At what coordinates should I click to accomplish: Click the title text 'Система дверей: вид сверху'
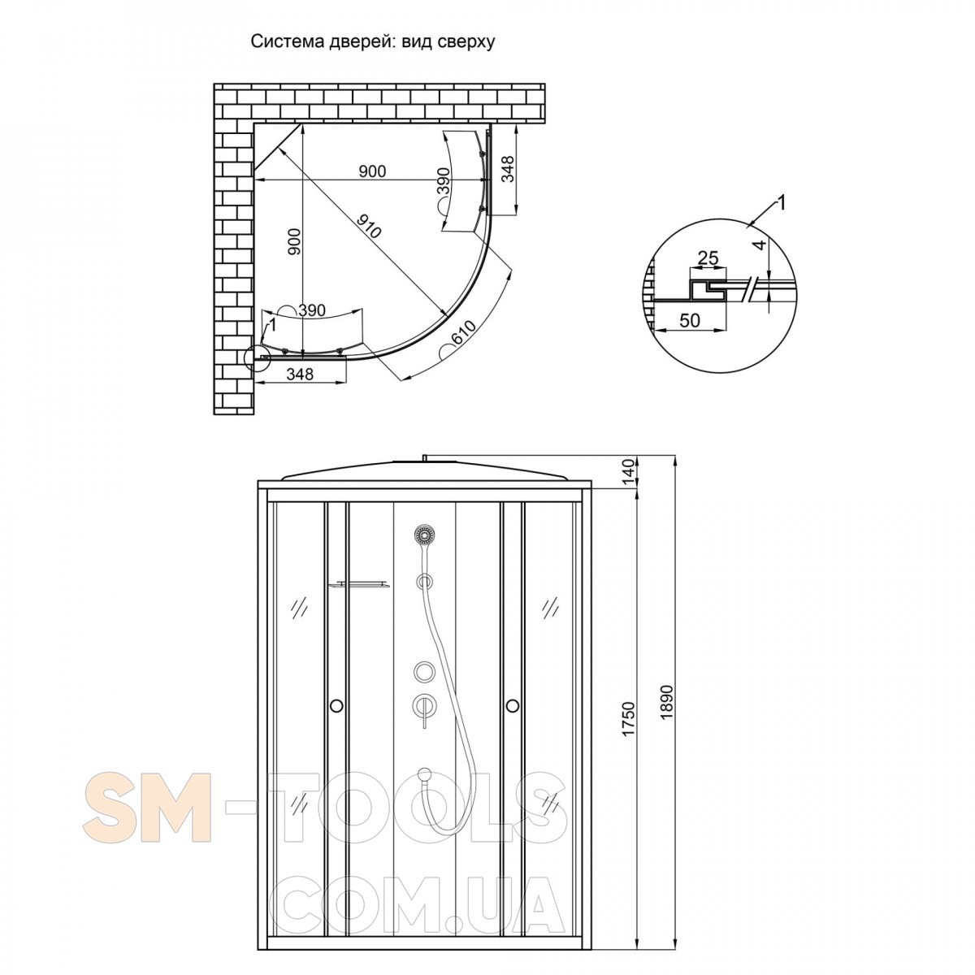373,42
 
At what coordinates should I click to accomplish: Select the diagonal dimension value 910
367,226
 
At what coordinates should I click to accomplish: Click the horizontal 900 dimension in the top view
372,171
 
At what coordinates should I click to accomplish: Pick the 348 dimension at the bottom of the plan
300,374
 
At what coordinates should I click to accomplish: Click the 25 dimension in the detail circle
708,258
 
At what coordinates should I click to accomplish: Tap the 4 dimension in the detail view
757,245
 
